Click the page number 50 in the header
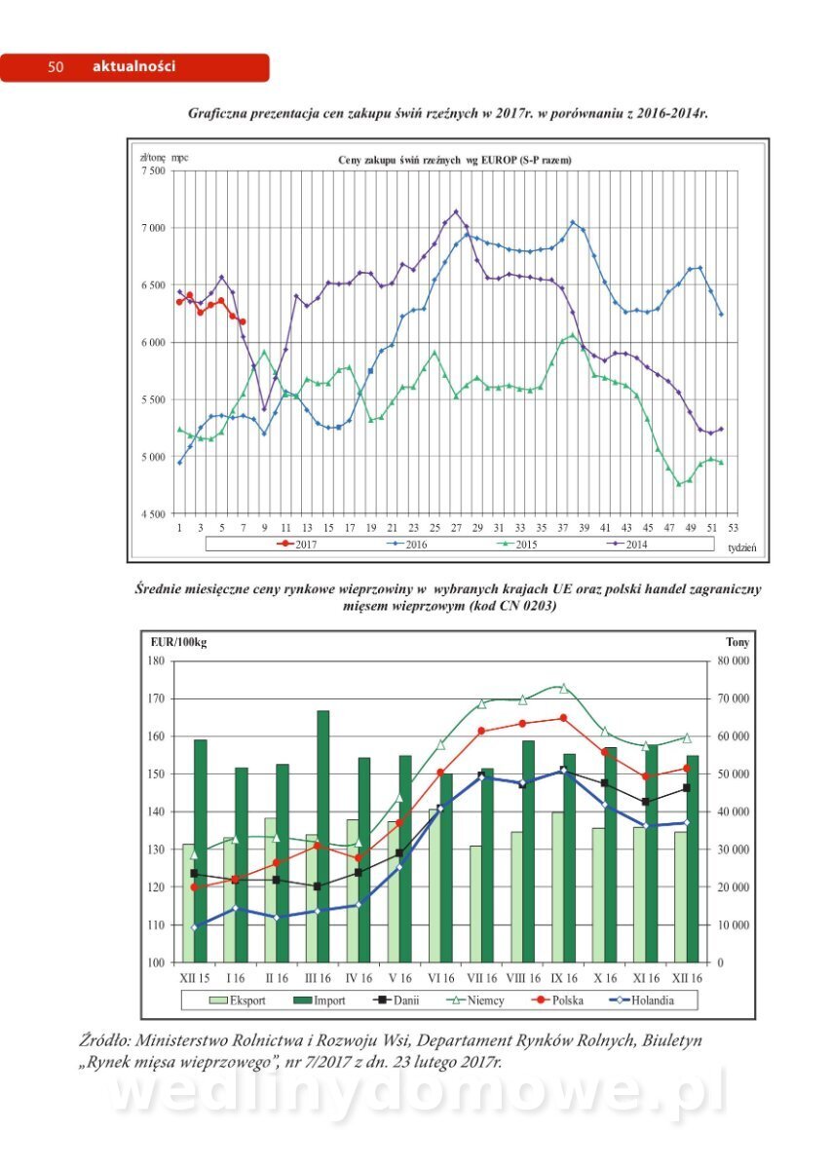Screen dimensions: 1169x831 56,67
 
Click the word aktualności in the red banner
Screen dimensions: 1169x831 133,67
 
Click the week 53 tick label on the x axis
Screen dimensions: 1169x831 732,527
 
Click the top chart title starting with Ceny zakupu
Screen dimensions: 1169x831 454,159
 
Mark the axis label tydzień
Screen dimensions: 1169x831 741,547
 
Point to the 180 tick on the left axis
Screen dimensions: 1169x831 156,661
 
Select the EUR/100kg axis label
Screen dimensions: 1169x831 178,642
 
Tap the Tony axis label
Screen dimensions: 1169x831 737,642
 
